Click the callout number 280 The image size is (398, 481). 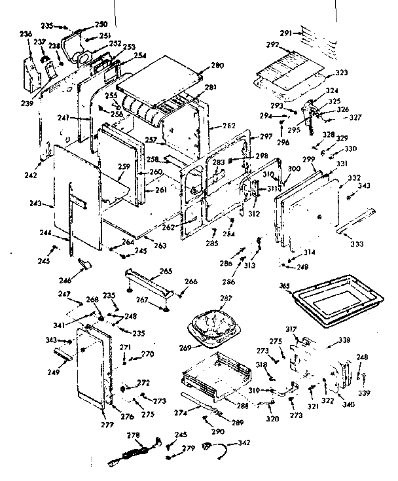(217, 65)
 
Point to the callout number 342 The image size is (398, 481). (244, 444)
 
